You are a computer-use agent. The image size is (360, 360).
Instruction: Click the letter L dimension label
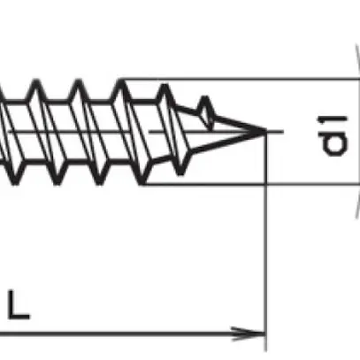(19, 306)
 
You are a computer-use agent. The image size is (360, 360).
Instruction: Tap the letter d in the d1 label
(333, 143)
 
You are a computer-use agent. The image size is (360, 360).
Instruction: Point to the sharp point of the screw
(264, 133)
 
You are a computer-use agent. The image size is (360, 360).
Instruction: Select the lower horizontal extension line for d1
(310, 185)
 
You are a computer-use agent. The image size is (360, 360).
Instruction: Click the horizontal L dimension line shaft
(133, 334)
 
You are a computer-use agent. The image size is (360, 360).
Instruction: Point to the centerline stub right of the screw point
(276, 133)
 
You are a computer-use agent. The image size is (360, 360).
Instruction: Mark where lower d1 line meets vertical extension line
(265, 185)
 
